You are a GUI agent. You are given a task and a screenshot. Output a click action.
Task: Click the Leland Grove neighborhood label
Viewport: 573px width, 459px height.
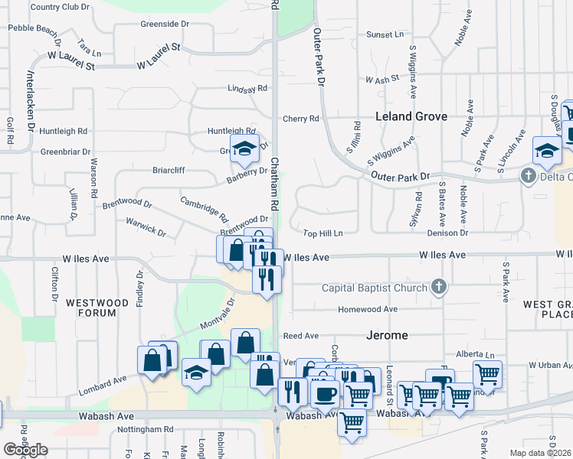click(x=411, y=117)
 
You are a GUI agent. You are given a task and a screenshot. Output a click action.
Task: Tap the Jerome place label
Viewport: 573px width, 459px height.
click(x=386, y=335)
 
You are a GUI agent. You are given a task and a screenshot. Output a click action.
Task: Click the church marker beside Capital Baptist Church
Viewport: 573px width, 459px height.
click(x=438, y=287)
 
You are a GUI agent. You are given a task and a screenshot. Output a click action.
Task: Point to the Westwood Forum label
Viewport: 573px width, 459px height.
click(x=97, y=308)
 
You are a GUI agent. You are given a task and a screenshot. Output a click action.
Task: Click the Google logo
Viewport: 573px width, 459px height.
click(x=25, y=450)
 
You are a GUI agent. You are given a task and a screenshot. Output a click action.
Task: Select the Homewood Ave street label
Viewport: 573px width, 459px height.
click(x=368, y=309)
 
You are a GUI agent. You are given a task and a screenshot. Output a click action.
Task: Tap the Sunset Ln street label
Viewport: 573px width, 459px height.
click(x=385, y=34)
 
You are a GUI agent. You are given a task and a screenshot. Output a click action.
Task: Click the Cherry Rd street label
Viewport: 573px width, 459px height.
click(x=300, y=119)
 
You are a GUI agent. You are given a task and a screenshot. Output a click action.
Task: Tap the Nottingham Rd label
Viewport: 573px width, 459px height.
click(x=146, y=430)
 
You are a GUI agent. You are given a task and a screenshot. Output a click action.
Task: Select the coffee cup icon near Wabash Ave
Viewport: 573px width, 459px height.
click(x=325, y=395)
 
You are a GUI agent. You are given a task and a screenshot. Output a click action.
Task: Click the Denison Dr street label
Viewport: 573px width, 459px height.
click(x=447, y=233)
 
